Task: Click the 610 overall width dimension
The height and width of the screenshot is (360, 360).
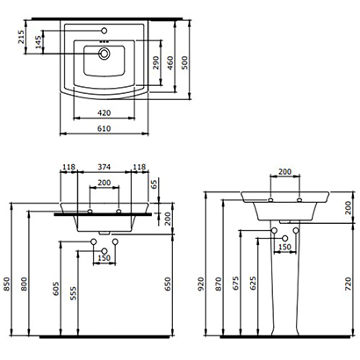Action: click(x=104, y=127)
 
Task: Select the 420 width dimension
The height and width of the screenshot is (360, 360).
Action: click(x=104, y=112)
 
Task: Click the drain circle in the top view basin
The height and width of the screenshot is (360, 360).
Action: click(x=104, y=54)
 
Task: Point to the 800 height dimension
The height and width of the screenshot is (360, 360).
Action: click(x=25, y=284)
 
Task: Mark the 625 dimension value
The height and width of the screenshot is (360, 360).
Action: click(x=254, y=284)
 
